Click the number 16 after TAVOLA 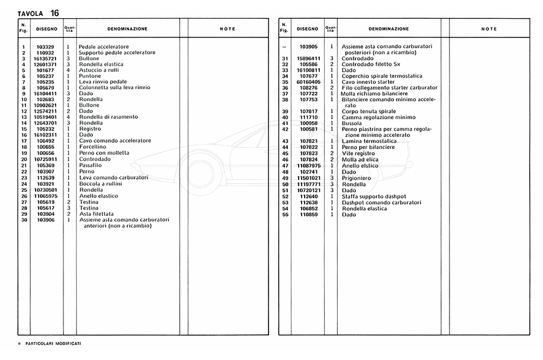point(54,12)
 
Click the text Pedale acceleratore point(103,46)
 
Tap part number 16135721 point(45,58)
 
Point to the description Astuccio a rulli point(98,71)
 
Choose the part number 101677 point(45,71)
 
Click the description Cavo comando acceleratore point(115,141)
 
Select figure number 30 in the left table point(24,219)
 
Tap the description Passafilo point(91,165)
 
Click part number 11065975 point(45,196)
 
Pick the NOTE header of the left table point(227,29)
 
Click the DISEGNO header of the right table point(307,29)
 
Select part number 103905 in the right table point(308,46)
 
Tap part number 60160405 point(308,82)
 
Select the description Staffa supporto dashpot point(374,197)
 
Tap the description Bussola point(352,123)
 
